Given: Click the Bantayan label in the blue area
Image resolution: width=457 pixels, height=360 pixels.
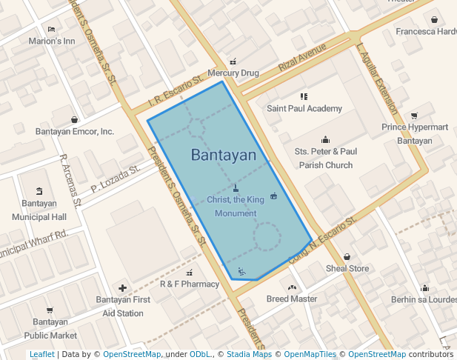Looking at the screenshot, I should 223,156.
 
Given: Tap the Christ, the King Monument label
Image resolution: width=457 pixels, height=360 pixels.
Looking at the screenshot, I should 236,207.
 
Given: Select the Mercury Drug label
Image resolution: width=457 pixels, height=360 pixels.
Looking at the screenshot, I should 233,73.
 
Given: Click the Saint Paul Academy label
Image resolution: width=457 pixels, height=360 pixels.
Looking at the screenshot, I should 304,108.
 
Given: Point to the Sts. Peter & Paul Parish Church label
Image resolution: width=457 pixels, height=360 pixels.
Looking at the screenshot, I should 325,158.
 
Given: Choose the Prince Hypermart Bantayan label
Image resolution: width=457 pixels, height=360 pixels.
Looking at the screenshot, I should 414,133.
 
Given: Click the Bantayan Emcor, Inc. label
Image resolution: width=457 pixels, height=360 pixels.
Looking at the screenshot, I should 75,132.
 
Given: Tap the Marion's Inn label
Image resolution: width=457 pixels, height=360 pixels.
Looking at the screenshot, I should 52,41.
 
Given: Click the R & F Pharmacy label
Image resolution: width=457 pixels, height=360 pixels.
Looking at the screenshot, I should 190,284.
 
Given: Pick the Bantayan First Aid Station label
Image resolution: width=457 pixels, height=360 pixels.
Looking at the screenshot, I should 123,306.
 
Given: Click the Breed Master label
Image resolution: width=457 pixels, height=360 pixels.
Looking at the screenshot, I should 292,299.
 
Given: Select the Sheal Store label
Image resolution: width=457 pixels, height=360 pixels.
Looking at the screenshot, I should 347,268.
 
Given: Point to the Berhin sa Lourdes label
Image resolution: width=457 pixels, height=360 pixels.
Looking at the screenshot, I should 424,299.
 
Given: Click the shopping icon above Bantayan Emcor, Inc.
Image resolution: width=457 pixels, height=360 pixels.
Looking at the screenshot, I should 75,119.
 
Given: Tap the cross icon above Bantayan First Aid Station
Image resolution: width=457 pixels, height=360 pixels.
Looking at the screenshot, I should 123,287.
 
